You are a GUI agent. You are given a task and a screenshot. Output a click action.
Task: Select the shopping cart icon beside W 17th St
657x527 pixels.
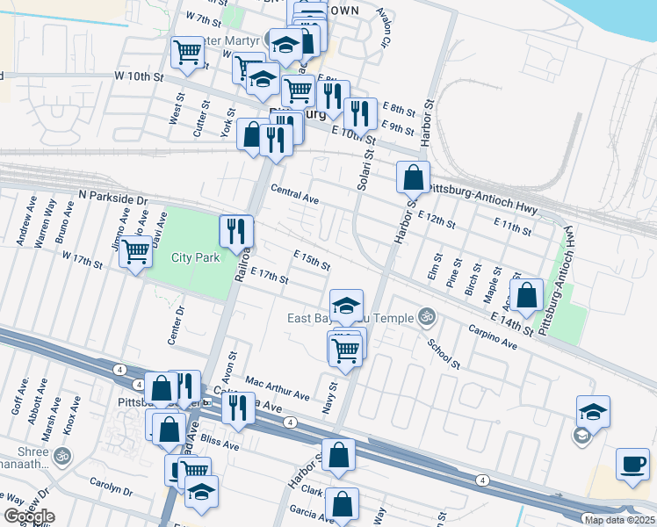pyautogui.click(x=135, y=253)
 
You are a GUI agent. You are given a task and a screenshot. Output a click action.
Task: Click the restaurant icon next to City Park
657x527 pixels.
pyautogui.click(x=235, y=233)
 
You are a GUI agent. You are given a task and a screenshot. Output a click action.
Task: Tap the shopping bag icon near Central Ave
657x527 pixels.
pyautogui.click(x=413, y=178)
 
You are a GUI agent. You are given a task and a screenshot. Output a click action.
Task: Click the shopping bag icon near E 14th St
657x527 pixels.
pyautogui.click(x=527, y=297)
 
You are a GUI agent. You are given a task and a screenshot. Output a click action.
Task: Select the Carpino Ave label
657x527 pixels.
pyautogui.click(x=492, y=339)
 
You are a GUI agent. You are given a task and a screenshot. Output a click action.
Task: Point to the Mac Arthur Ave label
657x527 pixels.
pyautogui.click(x=278, y=388)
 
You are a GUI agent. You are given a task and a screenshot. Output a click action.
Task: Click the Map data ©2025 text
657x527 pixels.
pyautogui.click(x=618, y=520)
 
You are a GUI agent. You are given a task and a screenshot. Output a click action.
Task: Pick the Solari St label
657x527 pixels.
pyautogui.click(x=366, y=167)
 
